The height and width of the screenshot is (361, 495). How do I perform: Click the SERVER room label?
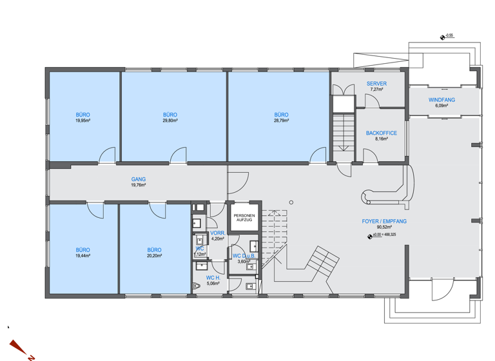pyautogui.click(x=376, y=84)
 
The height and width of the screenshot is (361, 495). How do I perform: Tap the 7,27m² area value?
pyautogui.click(x=376, y=90)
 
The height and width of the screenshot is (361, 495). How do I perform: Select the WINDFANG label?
pyautogui.click(x=442, y=100)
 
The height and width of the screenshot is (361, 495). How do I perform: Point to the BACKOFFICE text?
pyautogui.click(x=381, y=133)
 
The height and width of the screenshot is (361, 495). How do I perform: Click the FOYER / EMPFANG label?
pyautogui.click(x=383, y=221)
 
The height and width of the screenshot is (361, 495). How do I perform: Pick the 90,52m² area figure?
pyautogui.click(x=383, y=227)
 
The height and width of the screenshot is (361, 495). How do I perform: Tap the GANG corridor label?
pyautogui.click(x=138, y=180)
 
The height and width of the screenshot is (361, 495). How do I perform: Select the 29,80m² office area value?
pyautogui.click(x=170, y=121)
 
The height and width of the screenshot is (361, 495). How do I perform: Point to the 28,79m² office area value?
pyautogui.click(x=281, y=121)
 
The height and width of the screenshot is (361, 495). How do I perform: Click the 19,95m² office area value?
pyautogui.click(x=82, y=121)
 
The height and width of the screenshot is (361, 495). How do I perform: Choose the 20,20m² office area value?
pyautogui.click(x=154, y=256)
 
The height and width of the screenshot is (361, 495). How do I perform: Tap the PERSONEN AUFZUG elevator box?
pyautogui.click(x=244, y=218)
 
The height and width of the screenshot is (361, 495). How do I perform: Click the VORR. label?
pyautogui.click(x=217, y=233)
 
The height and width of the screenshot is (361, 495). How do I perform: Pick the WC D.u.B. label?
pyautogui.click(x=244, y=256)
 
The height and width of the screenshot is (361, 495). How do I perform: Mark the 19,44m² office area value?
pyautogui.click(x=82, y=256)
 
